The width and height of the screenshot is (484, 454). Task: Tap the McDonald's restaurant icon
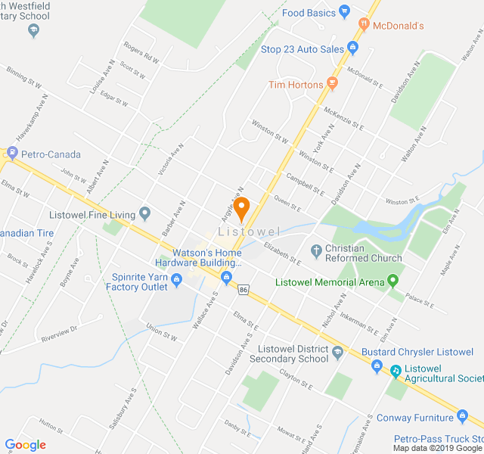(364, 25)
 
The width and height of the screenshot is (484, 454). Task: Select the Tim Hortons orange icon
(332, 85)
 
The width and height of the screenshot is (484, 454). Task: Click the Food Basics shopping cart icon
(345, 12)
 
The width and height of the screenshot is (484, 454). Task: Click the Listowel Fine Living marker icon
(145, 216)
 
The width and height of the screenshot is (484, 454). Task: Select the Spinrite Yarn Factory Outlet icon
(176, 281)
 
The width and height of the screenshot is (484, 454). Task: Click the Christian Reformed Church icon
(316, 250)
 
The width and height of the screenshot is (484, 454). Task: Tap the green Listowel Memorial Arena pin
(392, 282)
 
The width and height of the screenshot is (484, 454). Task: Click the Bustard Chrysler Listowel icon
(377, 366)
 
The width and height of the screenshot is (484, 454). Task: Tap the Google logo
(25, 445)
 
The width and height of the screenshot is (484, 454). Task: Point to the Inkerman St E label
(358, 323)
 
